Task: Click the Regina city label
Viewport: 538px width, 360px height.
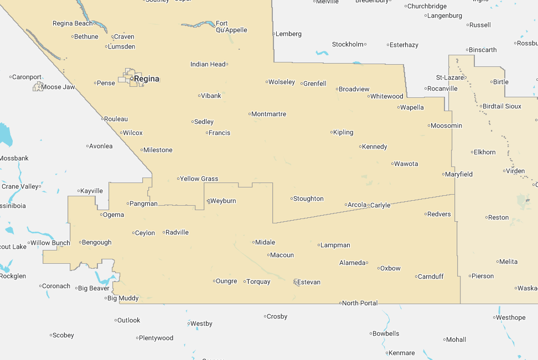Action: [x=147, y=79]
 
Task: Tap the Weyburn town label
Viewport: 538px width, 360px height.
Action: [x=223, y=201]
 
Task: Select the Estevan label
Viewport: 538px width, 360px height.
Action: [x=309, y=282]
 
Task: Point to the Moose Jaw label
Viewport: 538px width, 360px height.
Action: [x=58, y=87]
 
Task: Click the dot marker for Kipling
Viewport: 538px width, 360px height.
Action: [x=332, y=132]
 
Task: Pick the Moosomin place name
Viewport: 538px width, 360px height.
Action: [x=446, y=126]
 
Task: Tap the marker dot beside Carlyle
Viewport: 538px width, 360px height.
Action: [x=369, y=205]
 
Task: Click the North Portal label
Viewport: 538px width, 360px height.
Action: [x=360, y=303]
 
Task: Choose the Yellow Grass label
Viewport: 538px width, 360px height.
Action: [x=199, y=179]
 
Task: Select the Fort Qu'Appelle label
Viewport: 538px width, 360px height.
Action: [x=231, y=27]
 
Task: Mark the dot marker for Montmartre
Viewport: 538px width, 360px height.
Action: [x=250, y=114]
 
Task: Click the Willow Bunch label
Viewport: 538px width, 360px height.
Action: [x=50, y=243]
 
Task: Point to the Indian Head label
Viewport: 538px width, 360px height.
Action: [x=208, y=64]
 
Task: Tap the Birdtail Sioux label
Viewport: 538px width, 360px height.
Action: [x=501, y=106]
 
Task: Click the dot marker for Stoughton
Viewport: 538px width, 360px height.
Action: [x=292, y=199]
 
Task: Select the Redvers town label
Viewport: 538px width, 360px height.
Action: [x=439, y=214]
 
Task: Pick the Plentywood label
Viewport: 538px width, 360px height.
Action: [x=156, y=338]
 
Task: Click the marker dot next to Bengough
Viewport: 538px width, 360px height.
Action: [x=80, y=242]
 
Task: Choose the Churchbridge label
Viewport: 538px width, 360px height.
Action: [x=427, y=7]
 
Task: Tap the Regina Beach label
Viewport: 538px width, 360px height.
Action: [x=73, y=23]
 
